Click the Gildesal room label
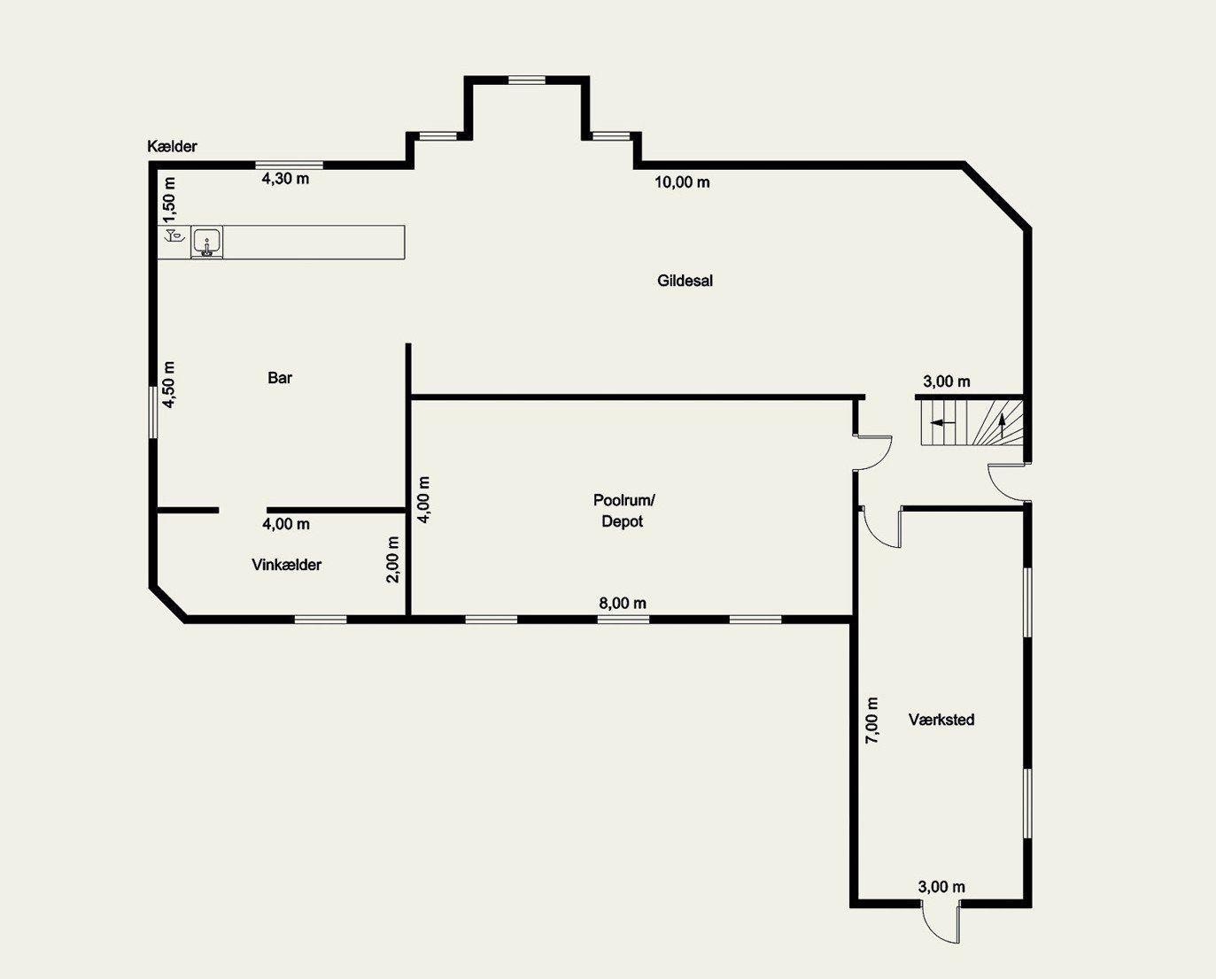(x=685, y=281)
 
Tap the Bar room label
(x=280, y=377)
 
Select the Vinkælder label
(x=286, y=565)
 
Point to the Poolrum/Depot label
(x=623, y=510)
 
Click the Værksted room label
(x=941, y=719)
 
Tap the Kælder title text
(x=172, y=146)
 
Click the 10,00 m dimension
(x=682, y=182)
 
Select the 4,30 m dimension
(x=285, y=179)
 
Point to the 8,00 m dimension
(x=622, y=603)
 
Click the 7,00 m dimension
(x=872, y=721)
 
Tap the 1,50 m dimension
(x=169, y=201)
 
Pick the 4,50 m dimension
(x=169, y=385)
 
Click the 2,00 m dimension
(x=392, y=559)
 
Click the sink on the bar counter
(x=207, y=243)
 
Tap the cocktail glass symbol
(x=174, y=235)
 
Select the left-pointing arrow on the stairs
(x=942, y=422)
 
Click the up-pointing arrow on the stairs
(x=1003, y=426)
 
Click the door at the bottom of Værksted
(x=940, y=922)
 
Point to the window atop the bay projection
(x=527, y=80)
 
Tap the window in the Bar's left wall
(x=153, y=412)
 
